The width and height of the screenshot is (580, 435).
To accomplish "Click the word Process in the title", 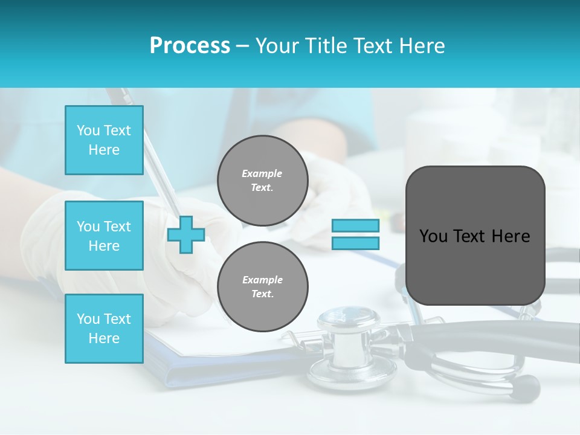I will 190,46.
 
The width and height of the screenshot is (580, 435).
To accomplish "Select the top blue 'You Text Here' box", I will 104,140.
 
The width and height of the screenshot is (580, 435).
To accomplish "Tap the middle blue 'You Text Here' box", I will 104,236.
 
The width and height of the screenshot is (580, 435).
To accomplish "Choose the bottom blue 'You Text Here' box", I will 104,329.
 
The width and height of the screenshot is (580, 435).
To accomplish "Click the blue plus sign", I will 186,234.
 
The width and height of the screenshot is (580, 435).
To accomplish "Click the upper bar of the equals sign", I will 355,225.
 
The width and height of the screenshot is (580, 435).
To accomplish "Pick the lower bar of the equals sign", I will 355,243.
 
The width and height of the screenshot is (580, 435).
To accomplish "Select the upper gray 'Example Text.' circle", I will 262,181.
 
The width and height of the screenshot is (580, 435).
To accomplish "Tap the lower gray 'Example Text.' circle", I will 262,286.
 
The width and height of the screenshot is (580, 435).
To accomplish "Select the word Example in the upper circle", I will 262,173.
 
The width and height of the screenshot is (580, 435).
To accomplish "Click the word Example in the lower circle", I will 262,280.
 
